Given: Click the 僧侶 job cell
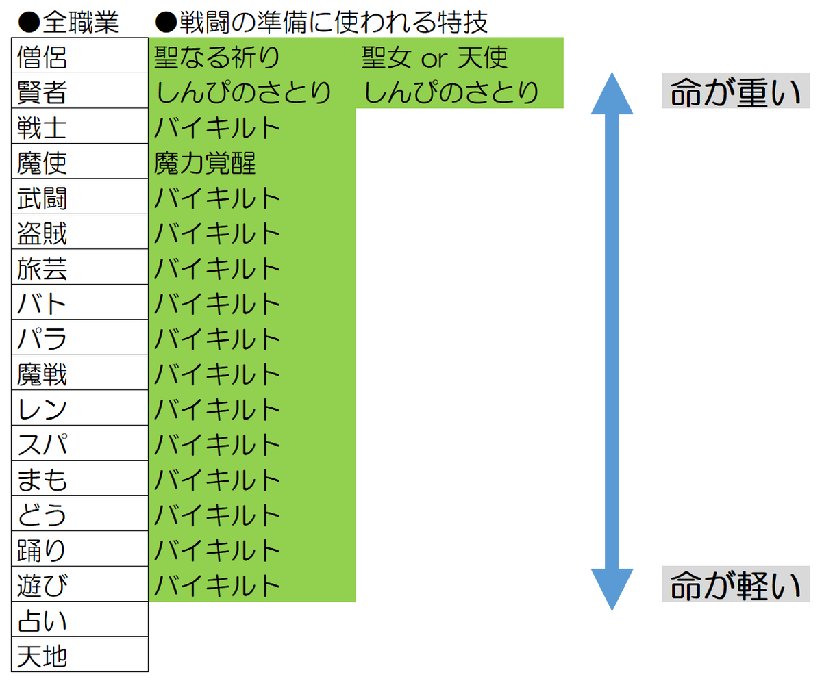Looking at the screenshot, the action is [79, 55].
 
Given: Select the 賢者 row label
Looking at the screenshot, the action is [79, 91].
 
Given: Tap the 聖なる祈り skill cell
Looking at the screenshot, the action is [252, 55].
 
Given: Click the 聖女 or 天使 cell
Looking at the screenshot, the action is [460, 55].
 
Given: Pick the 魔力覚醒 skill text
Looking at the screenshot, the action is [205, 164].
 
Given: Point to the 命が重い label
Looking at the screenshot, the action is [736, 91].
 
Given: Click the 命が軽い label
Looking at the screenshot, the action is [736, 584].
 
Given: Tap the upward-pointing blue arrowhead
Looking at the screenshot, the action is [612, 93].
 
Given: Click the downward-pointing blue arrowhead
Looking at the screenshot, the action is [612, 590].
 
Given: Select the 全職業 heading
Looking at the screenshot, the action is [80, 22].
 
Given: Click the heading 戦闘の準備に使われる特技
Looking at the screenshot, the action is [334, 22].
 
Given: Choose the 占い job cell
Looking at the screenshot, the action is [79, 619].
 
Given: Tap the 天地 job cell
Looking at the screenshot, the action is [79, 654].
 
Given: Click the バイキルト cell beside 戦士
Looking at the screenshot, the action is [252, 126].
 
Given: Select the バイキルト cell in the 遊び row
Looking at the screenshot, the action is [252, 584].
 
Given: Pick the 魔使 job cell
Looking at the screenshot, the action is [79, 162].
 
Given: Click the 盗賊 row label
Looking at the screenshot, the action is [79, 232].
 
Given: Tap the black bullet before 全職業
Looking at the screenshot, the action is [29, 23].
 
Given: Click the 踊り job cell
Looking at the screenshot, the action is [79, 549].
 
